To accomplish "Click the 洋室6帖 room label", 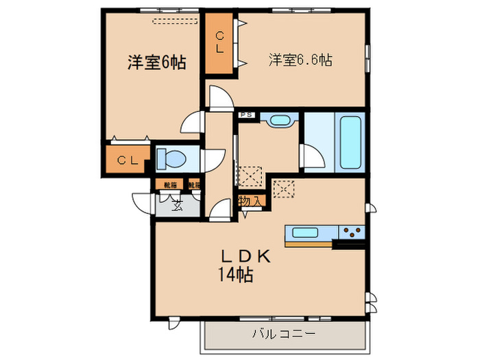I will click(x=157, y=62).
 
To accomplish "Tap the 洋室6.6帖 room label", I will click(x=300, y=60).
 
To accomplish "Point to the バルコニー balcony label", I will click(x=283, y=334).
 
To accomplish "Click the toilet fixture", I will click(x=171, y=158).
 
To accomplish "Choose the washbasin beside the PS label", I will click(x=279, y=121).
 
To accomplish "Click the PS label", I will click(x=246, y=115).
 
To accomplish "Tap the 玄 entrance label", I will click(x=176, y=204).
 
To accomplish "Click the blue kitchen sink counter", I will click(x=311, y=232).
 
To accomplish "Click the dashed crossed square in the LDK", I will click(x=283, y=188).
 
